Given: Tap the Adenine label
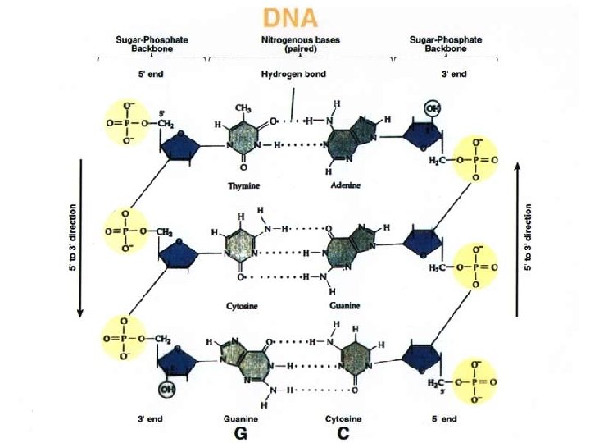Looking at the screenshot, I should point(345,185).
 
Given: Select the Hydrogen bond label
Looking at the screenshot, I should point(293,74).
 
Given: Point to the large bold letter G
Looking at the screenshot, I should point(242,433).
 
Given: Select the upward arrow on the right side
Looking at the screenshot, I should point(517,237).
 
